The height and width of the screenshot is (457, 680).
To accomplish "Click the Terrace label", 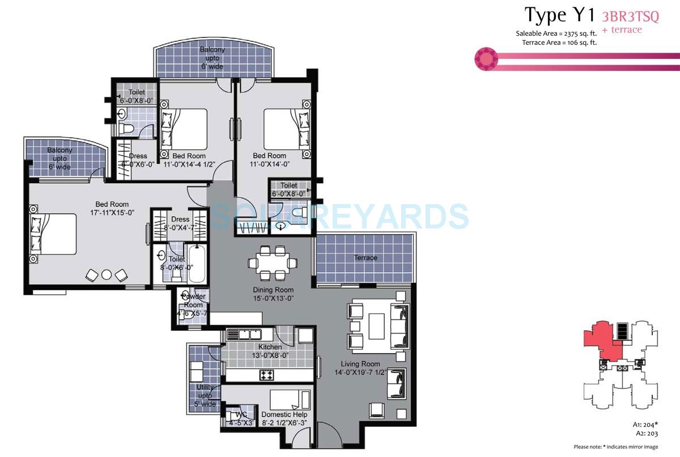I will (x=365, y=258).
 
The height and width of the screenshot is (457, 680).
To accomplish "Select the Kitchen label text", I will (x=270, y=347).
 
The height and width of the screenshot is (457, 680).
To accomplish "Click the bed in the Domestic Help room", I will (x=289, y=402).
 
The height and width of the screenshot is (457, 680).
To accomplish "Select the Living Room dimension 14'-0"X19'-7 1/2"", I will (x=360, y=373).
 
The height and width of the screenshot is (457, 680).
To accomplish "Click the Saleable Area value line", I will (x=556, y=33).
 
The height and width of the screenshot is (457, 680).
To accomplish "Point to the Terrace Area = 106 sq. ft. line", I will (x=556, y=42).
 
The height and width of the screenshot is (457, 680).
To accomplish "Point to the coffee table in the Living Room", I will (x=377, y=327).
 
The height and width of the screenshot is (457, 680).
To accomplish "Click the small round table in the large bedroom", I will (x=107, y=274).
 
